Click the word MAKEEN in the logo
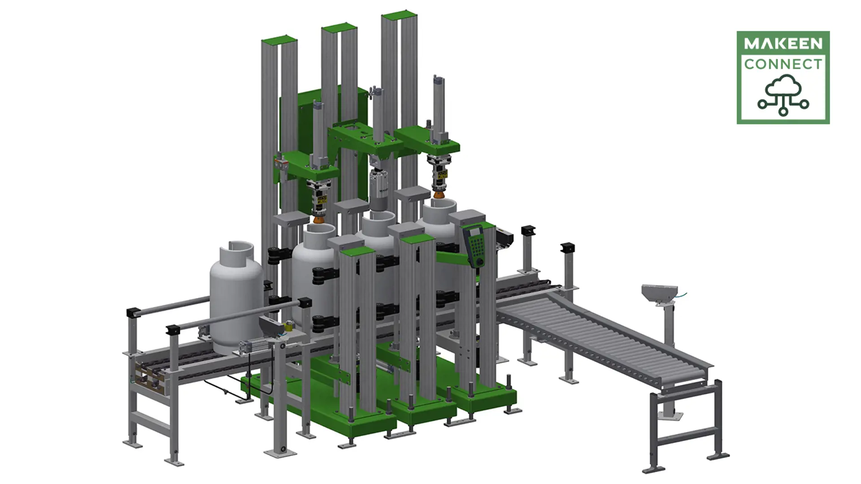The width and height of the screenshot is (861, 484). coord(783,44)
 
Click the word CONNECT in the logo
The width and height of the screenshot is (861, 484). coord(783,64)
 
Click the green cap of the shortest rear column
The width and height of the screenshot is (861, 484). coord(279,40)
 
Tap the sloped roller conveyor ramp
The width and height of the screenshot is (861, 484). coord(601,332)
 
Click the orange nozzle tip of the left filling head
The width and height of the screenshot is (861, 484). coord(319,220)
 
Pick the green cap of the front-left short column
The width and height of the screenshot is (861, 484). coord(357,251)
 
